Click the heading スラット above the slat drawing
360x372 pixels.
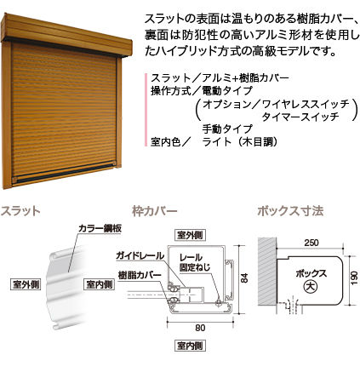coord(20,211)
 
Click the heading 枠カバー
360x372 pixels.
coord(155,211)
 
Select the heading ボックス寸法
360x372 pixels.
coord(290,211)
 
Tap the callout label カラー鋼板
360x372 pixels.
coord(100,229)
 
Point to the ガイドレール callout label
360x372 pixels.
coord(140,255)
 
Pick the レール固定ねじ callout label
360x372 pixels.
coord(195,262)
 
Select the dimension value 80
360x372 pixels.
coord(200,328)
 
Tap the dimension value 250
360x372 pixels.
coord(311,243)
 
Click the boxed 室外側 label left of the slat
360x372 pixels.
coord(26,284)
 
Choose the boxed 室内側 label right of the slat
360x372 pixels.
coord(100,284)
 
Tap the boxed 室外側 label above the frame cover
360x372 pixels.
coord(190,235)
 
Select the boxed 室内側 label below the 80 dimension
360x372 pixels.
coord(190,346)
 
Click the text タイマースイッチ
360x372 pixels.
coord(300,117)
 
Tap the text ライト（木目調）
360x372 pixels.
coord(240,141)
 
